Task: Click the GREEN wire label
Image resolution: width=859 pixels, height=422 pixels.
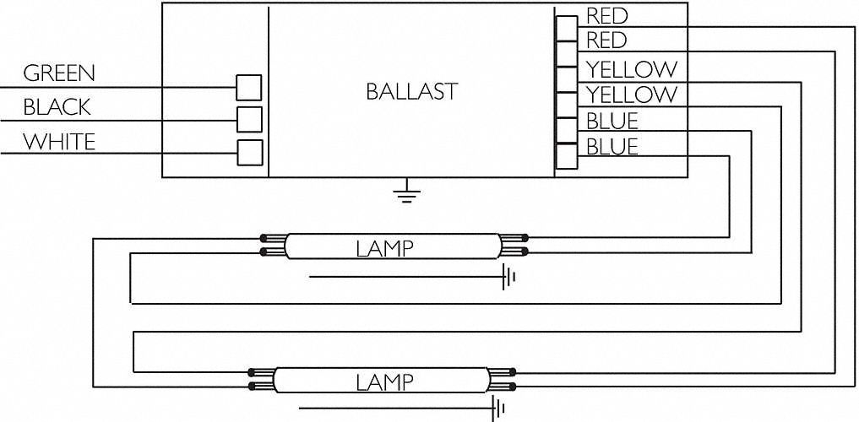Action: click(x=58, y=73)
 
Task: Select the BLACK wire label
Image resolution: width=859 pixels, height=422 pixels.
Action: click(x=57, y=108)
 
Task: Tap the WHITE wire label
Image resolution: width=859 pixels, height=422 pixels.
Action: click(x=58, y=142)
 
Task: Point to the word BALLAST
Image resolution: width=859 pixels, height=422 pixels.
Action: click(x=411, y=91)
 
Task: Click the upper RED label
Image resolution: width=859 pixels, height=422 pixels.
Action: click(x=606, y=15)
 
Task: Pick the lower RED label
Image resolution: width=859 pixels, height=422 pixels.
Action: click(x=606, y=41)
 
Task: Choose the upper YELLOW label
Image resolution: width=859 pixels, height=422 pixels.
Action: click(x=631, y=68)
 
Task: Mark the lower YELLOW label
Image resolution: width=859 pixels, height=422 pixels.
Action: click(x=631, y=94)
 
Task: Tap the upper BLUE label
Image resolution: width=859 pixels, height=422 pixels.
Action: click(x=612, y=120)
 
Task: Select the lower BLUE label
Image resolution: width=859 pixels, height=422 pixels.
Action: click(x=612, y=147)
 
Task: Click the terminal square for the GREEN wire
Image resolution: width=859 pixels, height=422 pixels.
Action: click(x=248, y=88)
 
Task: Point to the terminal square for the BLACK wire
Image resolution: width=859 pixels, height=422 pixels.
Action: click(x=248, y=119)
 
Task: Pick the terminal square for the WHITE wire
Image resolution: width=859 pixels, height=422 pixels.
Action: click(x=248, y=153)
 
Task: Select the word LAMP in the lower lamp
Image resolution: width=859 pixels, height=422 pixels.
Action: click(x=383, y=382)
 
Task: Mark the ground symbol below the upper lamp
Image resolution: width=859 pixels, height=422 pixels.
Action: click(x=508, y=277)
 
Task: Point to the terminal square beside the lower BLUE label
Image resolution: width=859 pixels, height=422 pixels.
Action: click(x=565, y=155)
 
